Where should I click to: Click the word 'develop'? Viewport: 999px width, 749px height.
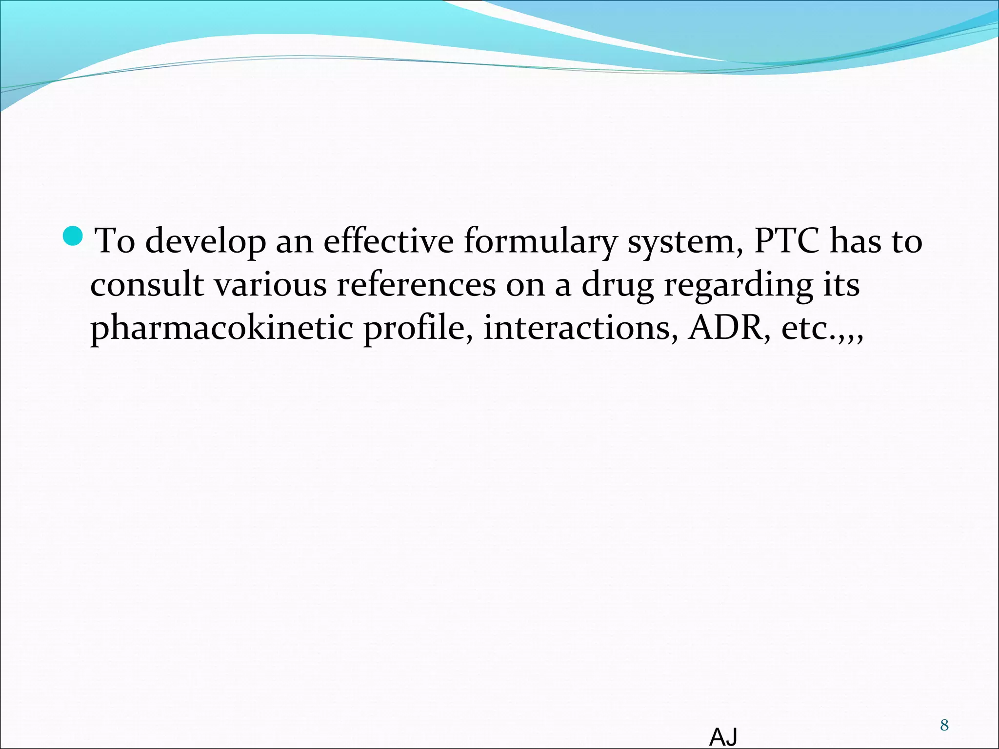pyautogui.click(x=205, y=241)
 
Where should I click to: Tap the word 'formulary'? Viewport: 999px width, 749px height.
pyautogui.click(x=540, y=241)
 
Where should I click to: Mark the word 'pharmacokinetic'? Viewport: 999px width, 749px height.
pyautogui.click(x=221, y=328)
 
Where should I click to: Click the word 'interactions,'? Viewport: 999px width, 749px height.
pyautogui.click(x=580, y=328)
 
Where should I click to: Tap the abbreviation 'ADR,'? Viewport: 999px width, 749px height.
pyautogui.click(x=730, y=328)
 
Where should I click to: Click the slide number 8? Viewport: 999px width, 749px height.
pyautogui.click(x=944, y=725)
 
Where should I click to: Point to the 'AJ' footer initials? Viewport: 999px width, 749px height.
pyautogui.click(x=723, y=737)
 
